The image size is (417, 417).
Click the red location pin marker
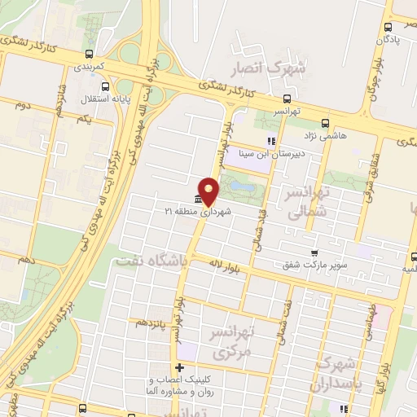[x=209, y=191]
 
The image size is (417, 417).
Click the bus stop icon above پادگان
[x=388, y=24]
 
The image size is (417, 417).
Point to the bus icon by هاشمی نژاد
[x=325, y=123]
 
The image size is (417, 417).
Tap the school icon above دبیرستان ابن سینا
[x=271, y=140]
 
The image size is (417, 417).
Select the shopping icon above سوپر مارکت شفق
[x=314, y=252]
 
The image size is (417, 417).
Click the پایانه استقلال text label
[x=77, y=99]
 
